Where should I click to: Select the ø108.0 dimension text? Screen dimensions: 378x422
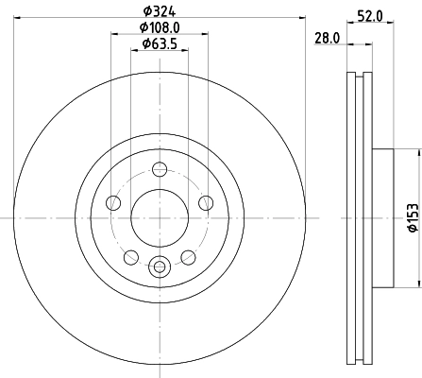[160, 27]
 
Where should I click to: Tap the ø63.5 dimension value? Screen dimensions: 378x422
[160, 44]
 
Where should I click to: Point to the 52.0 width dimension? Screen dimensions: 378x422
[370, 14]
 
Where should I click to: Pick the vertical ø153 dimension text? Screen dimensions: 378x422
[412, 218]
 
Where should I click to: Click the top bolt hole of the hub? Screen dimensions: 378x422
[160, 169]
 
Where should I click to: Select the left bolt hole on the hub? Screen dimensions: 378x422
[115, 201]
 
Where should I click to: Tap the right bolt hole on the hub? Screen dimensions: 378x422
[205, 201]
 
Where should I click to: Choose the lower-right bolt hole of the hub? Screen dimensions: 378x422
[188, 255]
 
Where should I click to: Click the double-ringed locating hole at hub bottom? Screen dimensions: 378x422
[160, 266]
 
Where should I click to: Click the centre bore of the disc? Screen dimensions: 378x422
[160, 218]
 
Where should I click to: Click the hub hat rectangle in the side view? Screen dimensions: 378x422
[382, 218]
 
